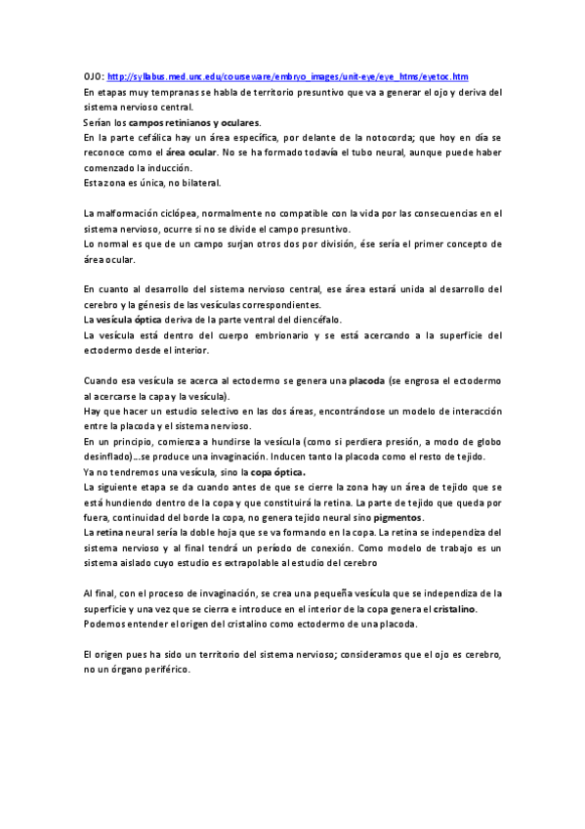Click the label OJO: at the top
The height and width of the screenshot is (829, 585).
click(95, 76)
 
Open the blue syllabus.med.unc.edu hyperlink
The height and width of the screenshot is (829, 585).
click(288, 76)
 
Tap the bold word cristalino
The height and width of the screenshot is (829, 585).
click(454, 608)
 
